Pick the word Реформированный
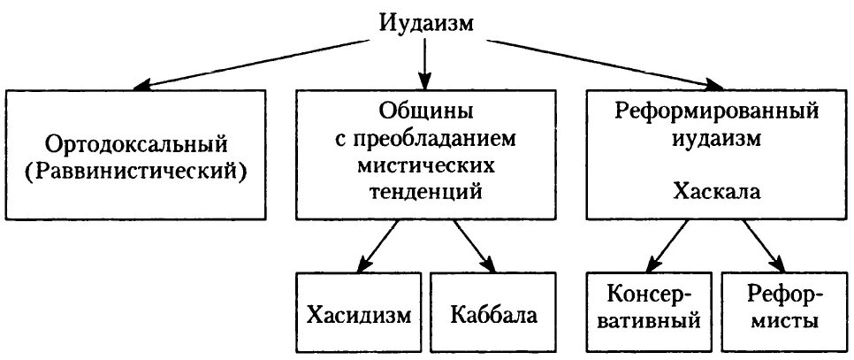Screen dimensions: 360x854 tap(715, 112)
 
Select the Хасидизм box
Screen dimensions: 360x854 tap(359, 314)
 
